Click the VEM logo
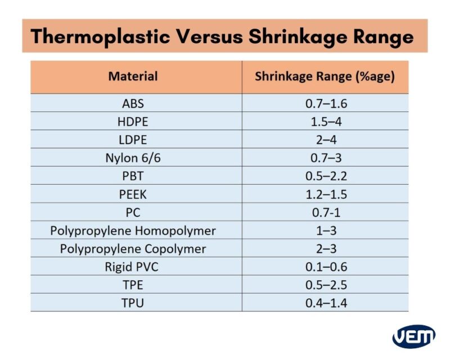413,336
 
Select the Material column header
133,76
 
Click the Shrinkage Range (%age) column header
325,76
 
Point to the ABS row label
133,103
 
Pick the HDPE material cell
133,121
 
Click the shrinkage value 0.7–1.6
326,103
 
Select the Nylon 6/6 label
133,158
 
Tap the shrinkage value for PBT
326,176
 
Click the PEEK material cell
133,194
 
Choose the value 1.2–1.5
326,194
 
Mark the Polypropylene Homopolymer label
133,231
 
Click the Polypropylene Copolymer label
133,249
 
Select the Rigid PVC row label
133,267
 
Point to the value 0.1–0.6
326,267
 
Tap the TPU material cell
133,303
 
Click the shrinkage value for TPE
326,285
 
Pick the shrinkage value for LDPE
326,140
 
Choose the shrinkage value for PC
326,213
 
